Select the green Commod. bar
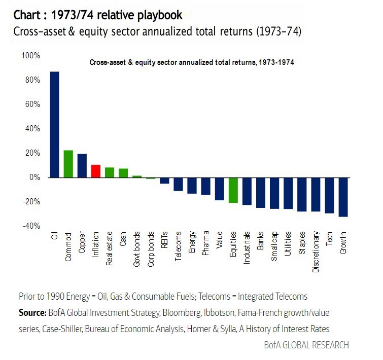[68, 164]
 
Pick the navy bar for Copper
[82, 165]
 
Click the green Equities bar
[233, 190]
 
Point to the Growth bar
[343, 197]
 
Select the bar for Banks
[260, 193]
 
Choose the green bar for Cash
[123, 173]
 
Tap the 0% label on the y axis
[33, 177]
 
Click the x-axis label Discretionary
[316, 252]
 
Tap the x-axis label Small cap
[274, 246]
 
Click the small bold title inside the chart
[192, 63]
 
